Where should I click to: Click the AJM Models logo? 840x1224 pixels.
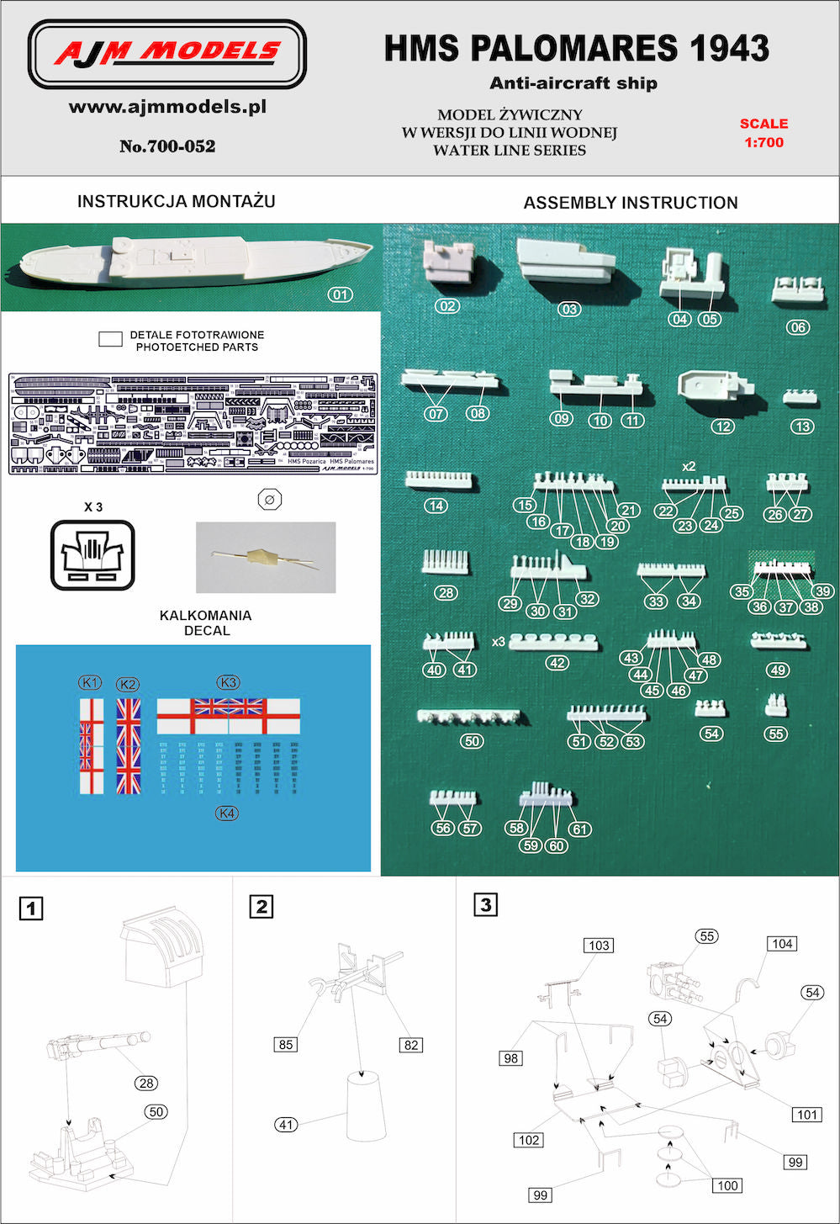[x=167, y=54]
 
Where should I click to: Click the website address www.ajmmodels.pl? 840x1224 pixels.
[x=167, y=107]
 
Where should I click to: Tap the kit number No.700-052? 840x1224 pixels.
[x=167, y=146]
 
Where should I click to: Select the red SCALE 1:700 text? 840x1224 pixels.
[x=763, y=133]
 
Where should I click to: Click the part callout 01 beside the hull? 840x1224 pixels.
[x=340, y=294]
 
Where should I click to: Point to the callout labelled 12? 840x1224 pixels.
[x=722, y=427]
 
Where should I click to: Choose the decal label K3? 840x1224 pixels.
[x=227, y=682]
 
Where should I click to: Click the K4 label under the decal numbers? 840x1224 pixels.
[x=227, y=813]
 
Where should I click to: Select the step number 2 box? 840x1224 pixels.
[x=262, y=906]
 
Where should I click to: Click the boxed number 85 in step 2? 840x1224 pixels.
[x=286, y=1044]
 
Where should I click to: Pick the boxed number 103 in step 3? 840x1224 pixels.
[x=599, y=946]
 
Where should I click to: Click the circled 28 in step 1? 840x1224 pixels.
[x=147, y=1083]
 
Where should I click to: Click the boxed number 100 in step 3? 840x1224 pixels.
[x=727, y=1185]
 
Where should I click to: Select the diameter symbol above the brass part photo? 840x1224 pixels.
[x=269, y=499]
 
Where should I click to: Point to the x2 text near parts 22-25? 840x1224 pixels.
[x=689, y=466]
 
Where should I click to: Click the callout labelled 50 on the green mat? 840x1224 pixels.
[x=472, y=741]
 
